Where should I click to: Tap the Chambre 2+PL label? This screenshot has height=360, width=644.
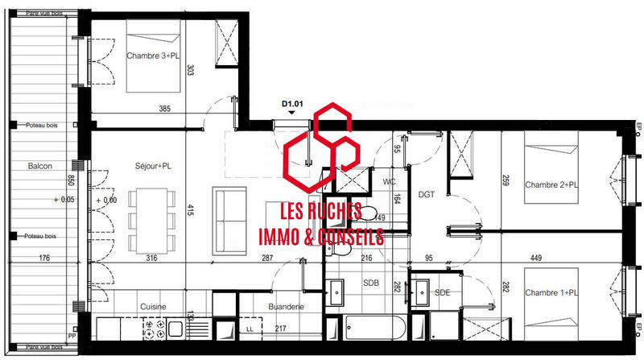(x=551, y=185)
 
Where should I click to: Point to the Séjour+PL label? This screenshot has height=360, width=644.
(x=154, y=167)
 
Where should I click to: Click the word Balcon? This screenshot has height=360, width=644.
(x=40, y=166)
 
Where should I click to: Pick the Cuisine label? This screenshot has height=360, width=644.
(x=153, y=307)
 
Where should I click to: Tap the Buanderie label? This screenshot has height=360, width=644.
(x=286, y=307)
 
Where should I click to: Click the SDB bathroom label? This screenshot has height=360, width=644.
(x=370, y=283)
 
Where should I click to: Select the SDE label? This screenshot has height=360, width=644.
(x=441, y=292)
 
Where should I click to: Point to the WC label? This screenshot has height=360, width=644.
(x=389, y=181)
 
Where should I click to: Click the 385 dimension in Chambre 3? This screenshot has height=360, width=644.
(x=164, y=109)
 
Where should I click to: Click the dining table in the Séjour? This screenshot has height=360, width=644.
(x=151, y=211)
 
